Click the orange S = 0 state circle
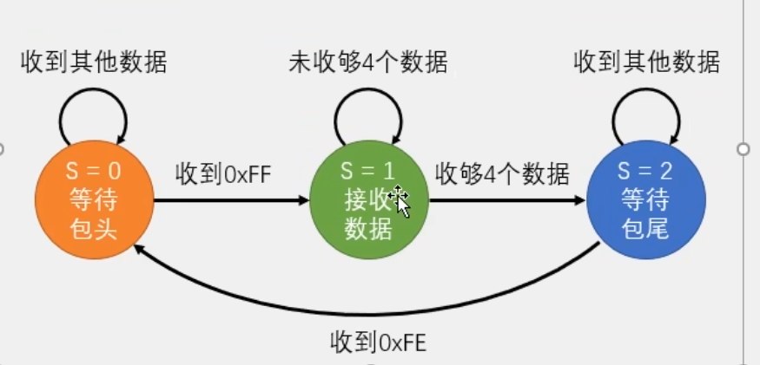(x=93, y=200)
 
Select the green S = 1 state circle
(x=368, y=200)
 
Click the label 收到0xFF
(x=224, y=173)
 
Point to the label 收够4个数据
(x=502, y=173)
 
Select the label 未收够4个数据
(x=368, y=62)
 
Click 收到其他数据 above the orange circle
(x=94, y=62)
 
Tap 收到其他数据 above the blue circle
(x=647, y=62)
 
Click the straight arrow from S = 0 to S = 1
(x=231, y=201)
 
